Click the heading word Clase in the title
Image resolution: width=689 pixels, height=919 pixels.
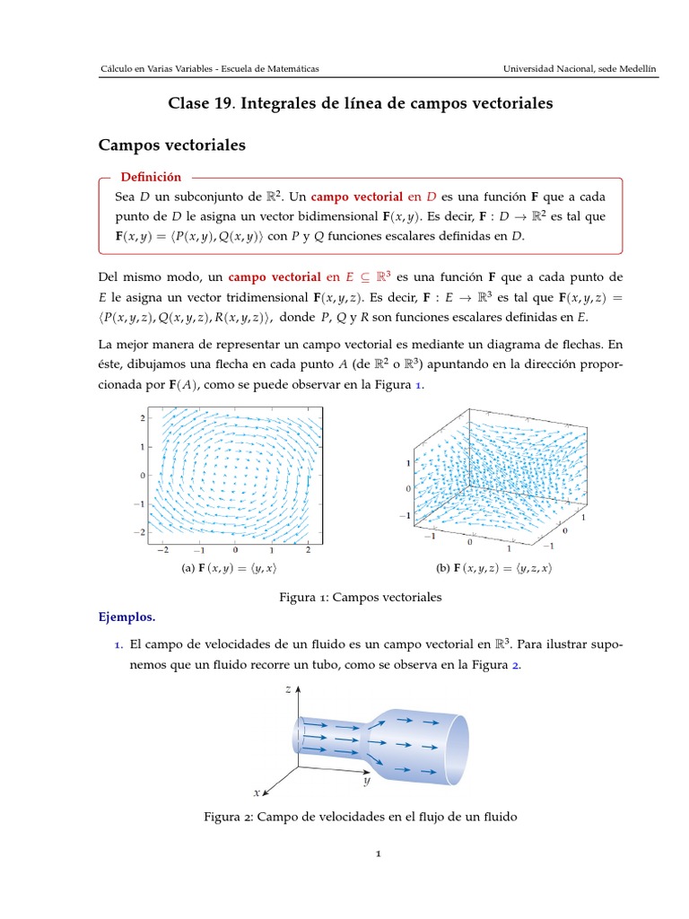pyautogui.click(x=188, y=104)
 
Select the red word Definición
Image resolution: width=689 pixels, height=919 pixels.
pyautogui.click(x=151, y=178)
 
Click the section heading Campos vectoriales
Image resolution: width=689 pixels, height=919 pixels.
pyautogui.click(x=171, y=144)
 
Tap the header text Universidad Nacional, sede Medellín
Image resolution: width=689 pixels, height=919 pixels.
pyautogui.click(x=579, y=69)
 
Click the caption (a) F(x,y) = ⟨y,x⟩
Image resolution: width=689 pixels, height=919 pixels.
pyautogui.click(x=234, y=568)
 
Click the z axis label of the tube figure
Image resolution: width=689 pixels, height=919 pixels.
pyautogui.click(x=287, y=689)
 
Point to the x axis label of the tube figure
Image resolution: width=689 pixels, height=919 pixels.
pyautogui.click(x=257, y=792)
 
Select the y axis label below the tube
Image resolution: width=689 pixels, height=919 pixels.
pyautogui.click(x=367, y=782)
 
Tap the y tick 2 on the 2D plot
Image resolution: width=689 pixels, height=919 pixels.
pyautogui.click(x=141, y=417)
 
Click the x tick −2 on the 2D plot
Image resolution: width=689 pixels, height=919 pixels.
pyautogui.click(x=162, y=550)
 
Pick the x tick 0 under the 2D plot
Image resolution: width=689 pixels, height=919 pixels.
pyautogui.click(x=235, y=550)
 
